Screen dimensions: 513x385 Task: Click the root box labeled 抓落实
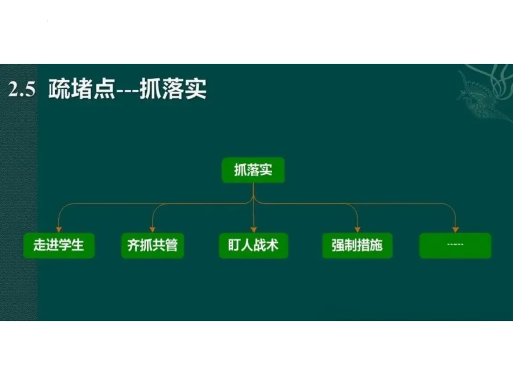tap(253, 170)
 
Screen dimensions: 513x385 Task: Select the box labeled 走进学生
tap(58, 245)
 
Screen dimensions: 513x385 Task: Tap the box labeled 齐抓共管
tap(152, 245)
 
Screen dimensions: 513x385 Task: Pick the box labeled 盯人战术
tap(253, 245)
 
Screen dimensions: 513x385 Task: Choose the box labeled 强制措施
tap(357, 245)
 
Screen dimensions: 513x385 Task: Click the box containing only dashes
tap(455, 245)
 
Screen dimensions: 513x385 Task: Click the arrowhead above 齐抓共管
tap(152, 229)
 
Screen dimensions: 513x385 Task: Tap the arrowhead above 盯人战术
tap(254, 229)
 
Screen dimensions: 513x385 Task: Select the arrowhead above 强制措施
tap(357, 229)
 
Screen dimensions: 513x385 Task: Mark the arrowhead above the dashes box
tap(456, 229)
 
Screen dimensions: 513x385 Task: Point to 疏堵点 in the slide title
tap(81, 90)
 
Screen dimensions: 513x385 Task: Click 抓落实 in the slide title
tap(173, 90)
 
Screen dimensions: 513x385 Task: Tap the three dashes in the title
tap(127, 91)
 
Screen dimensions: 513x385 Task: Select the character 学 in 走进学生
tap(66, 245)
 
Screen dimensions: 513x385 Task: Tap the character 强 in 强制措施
tap(338, 245)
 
